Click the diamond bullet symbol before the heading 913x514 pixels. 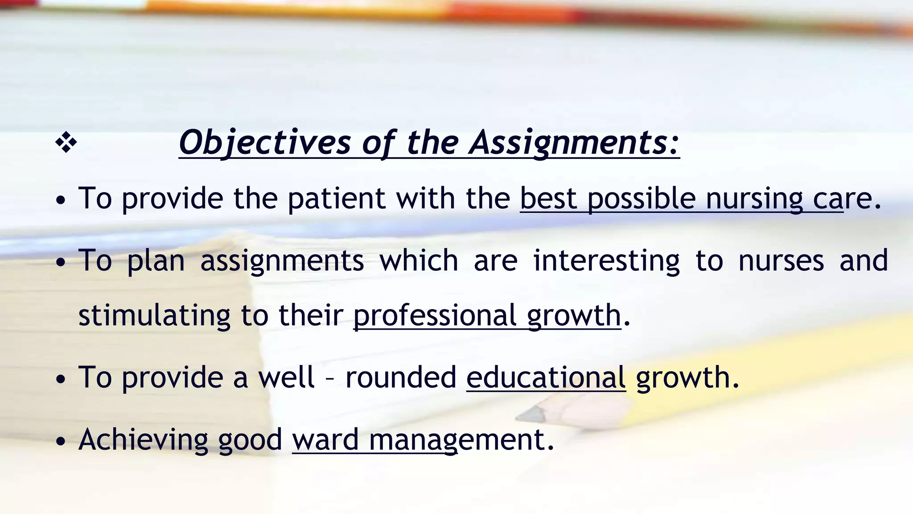(66, 143)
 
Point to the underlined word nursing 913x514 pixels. (754, 198)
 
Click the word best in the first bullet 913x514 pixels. (548, 198)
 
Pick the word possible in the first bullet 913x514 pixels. (641, 198)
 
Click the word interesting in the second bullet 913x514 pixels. (606, 261)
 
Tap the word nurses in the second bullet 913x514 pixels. (781, 261)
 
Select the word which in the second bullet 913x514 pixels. (419, 261)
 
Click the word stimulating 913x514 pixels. (154, 315)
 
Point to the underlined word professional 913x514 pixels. (435, 315)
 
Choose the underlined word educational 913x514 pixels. (546, 377)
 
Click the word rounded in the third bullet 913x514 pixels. (401, 377)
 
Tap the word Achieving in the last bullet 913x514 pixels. (143, 439)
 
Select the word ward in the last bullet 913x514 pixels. (325, 439)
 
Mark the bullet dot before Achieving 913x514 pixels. (61, 441)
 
